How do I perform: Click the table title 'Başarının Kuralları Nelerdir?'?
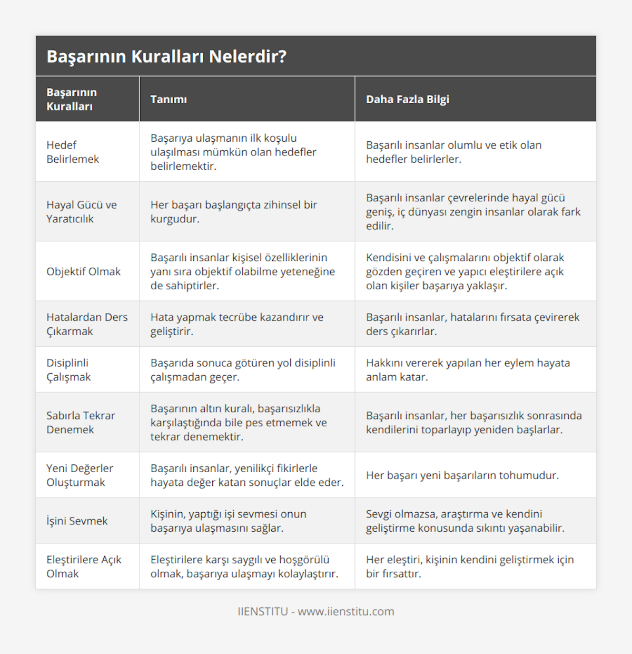click(x=166, y=56)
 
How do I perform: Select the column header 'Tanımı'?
click(x=169, y=100)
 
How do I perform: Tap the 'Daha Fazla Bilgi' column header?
click(x=408, y=100)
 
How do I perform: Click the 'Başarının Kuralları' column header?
click(x=72, y=100)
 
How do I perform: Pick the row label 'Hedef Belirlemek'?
click(x=73, y=152)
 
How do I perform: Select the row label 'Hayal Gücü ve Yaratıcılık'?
click(x=82, y=212)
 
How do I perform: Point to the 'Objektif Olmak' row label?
click(x=83, y=271)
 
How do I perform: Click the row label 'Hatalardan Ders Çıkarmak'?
click(x=87, y=324)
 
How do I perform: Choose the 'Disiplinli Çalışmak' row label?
click(x=68, y=370)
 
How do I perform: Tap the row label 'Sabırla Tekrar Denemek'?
click(x=81, y=423)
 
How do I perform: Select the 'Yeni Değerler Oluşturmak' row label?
click(x=80, y=475)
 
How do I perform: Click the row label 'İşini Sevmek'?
click(x=77, y=521)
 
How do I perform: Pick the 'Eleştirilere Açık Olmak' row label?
click(x=84, y=567)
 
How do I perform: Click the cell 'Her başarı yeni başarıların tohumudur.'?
click(x=462, y=475)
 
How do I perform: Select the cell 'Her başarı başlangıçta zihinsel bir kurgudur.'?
click(x=234, y=212)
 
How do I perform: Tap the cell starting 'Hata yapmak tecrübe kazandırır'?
click(x=237, y=324)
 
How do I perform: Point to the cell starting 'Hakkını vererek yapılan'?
click(x=468, y=370)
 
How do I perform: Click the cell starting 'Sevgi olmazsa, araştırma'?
click(x=465, y=521)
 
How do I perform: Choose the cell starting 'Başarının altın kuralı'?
click(x=239, y=423)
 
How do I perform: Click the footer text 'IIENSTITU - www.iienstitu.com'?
click(x=316, y=611)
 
